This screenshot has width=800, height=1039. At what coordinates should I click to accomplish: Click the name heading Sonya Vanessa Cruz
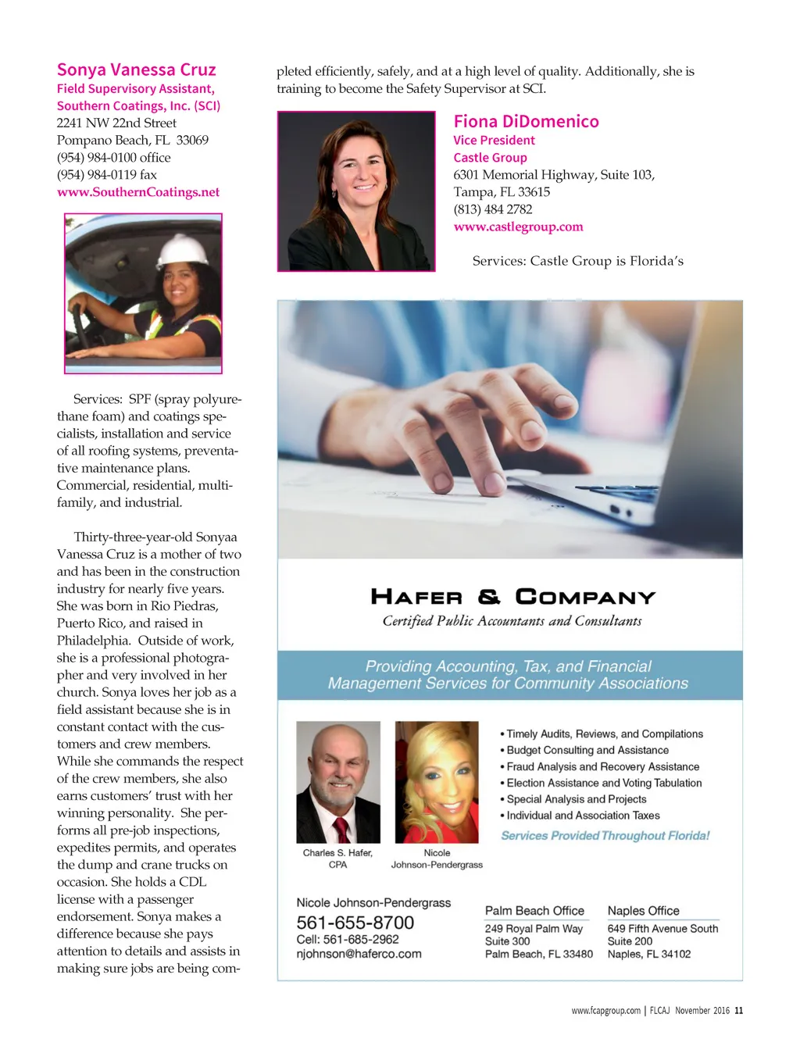[136, 70]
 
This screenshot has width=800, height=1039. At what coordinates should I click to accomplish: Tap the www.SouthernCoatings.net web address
[138, 192]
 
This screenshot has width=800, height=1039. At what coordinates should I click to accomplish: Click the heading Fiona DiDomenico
[526, 122]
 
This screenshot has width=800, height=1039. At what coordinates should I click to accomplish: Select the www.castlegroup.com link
[518, 227]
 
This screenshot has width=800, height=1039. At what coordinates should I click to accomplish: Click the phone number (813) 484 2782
[493, 209]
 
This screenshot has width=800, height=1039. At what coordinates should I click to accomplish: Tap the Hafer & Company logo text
[512, 598]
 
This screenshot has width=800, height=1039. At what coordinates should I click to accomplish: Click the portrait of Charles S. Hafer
[338, 782]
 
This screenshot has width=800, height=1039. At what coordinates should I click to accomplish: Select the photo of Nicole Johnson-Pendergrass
[437, 782]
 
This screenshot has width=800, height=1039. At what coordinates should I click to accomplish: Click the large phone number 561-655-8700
[355, 923]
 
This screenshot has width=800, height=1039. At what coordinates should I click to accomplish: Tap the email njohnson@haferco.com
[359, 954]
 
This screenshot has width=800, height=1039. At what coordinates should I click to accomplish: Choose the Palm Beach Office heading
[534, 911]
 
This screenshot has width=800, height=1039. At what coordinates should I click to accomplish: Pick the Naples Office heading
[643, 911]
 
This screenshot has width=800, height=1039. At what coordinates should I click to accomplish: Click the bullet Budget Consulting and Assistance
[587, 751]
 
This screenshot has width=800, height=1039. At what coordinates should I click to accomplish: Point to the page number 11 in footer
[738, 1011]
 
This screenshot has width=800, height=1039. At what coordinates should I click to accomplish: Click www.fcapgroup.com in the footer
[605, 1011]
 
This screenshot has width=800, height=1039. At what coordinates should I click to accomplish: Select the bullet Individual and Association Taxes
[583, 816]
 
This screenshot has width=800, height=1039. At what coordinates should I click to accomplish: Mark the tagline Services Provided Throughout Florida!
[605, 836]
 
